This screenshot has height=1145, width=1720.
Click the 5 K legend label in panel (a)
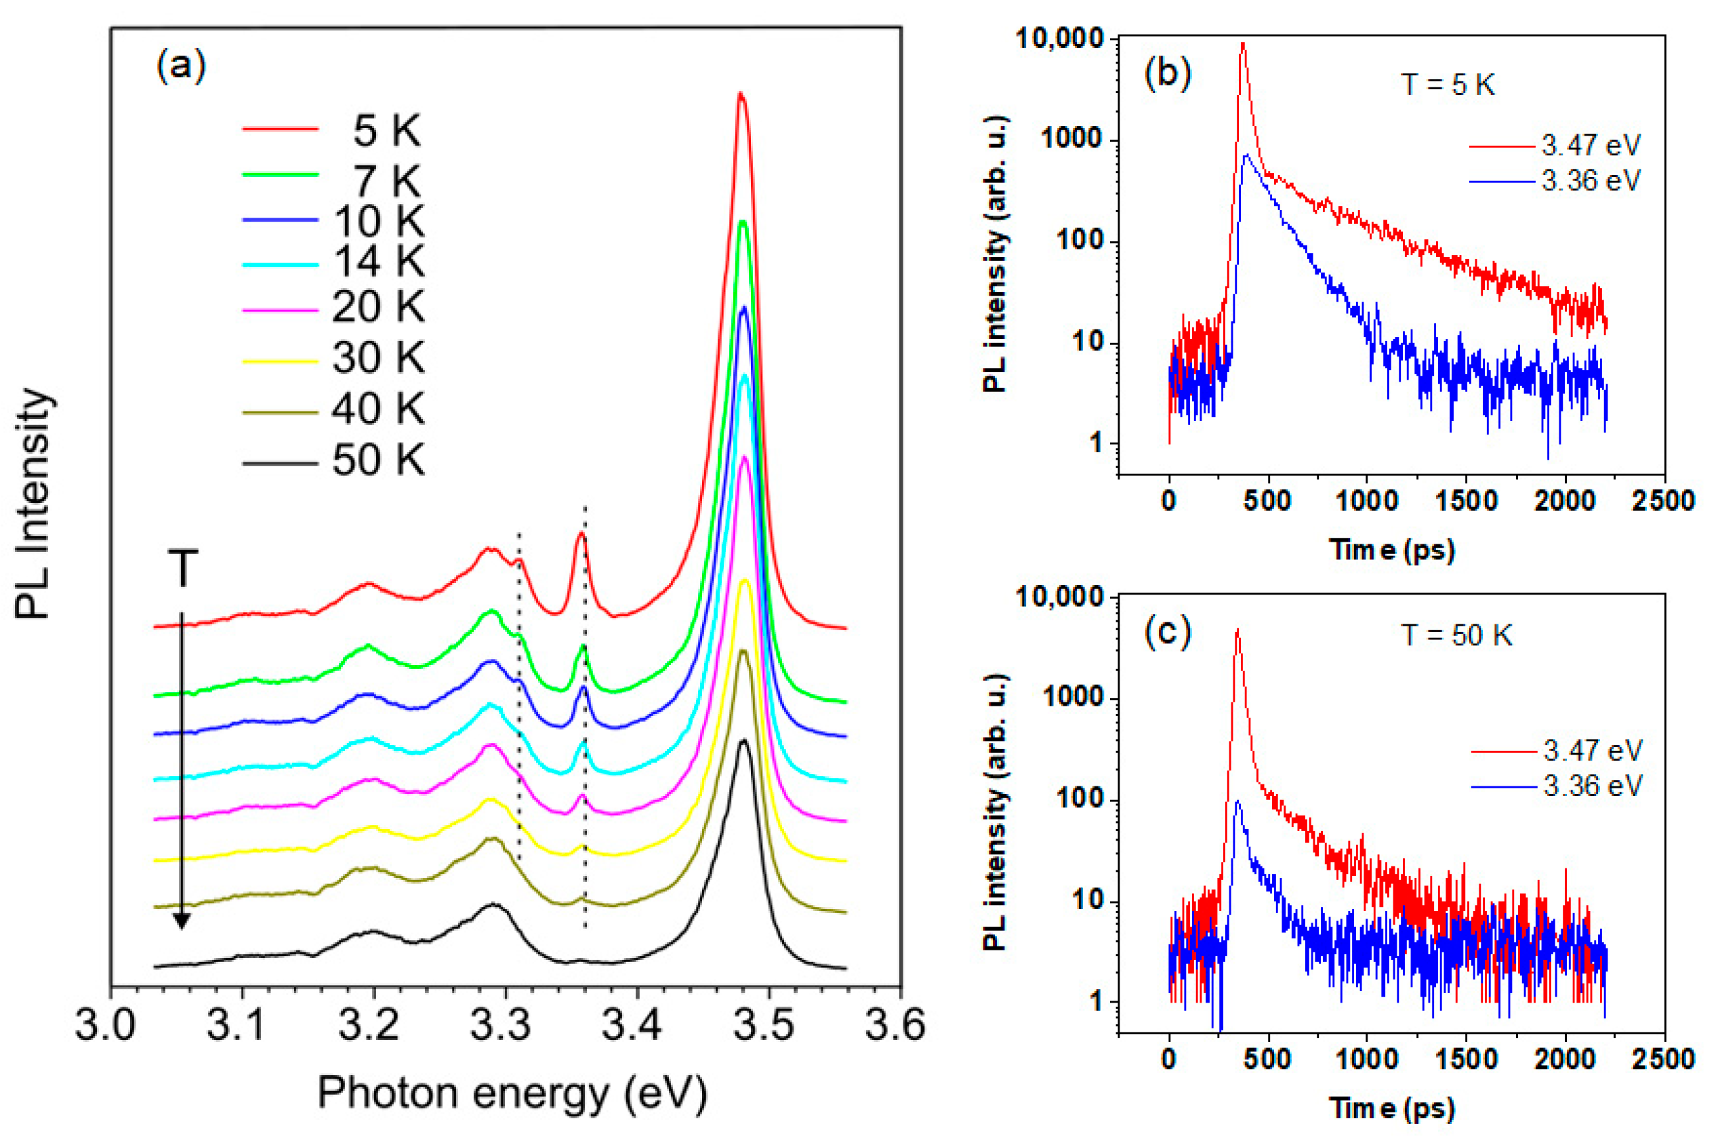tap(386, 131)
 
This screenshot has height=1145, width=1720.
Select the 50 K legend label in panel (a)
tap(377, 461)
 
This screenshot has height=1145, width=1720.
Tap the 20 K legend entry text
tap(377, 306)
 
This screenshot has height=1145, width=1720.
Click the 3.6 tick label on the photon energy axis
tap(899, 1025)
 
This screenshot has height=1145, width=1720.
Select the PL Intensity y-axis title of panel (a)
tap(33, 504)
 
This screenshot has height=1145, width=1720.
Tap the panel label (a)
tap(181, 67)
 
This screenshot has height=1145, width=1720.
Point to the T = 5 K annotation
tap(1448, 85)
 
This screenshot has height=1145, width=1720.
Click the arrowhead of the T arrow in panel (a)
tap(182, 921)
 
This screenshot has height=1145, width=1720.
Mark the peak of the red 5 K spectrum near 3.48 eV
tap(740, 94)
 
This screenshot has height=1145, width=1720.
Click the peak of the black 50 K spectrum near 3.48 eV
tap(743, 741)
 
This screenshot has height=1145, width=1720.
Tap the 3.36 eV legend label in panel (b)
tap(1591, 180)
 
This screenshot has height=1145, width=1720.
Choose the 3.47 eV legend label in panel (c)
tap(1592, 750)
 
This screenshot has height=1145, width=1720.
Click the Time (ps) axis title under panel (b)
tap(1391, 549)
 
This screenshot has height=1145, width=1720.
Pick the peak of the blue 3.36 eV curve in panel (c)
tap(1237, 802)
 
